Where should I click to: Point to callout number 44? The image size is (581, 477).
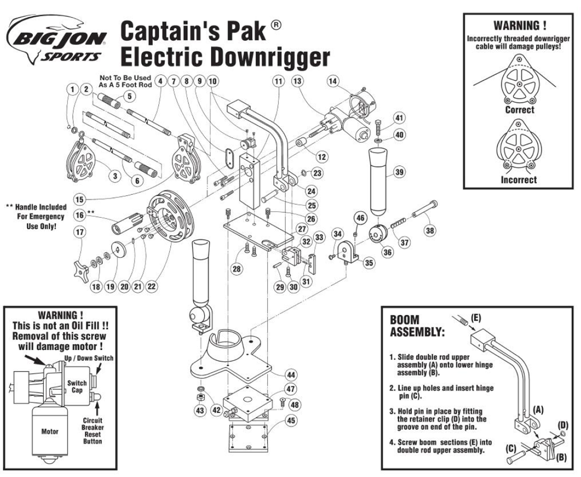point(291,375)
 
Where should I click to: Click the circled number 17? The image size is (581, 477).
point(80,232)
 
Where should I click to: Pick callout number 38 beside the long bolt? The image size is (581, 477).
point(429,230)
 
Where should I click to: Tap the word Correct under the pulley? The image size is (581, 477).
point(519,110)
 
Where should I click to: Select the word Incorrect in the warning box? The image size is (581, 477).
point(518,180)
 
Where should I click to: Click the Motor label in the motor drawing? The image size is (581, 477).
point(50,431)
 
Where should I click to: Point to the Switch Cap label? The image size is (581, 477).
point(77,386)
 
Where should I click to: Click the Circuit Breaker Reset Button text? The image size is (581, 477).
point(92,431)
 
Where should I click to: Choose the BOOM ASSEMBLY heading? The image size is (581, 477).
point(417,326)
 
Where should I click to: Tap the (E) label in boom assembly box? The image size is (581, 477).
point(476,318)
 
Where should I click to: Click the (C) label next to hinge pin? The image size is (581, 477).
point(511,448)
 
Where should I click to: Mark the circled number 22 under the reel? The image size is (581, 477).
point(152,286)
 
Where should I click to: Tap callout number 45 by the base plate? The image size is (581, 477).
point(291,420)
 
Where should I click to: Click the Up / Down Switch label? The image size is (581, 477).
point(88,358)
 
